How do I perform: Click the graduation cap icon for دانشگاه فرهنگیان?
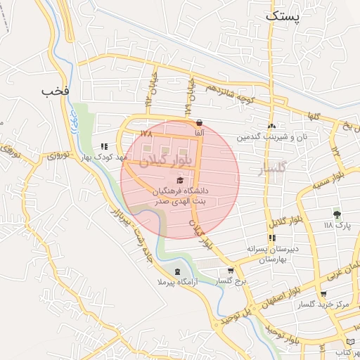170,180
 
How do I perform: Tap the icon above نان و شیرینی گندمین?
271,126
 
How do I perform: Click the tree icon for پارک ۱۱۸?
337,214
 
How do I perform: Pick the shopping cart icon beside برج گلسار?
231,271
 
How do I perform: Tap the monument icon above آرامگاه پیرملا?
176,271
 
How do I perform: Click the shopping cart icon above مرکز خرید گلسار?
323,294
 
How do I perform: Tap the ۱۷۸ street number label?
146,133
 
